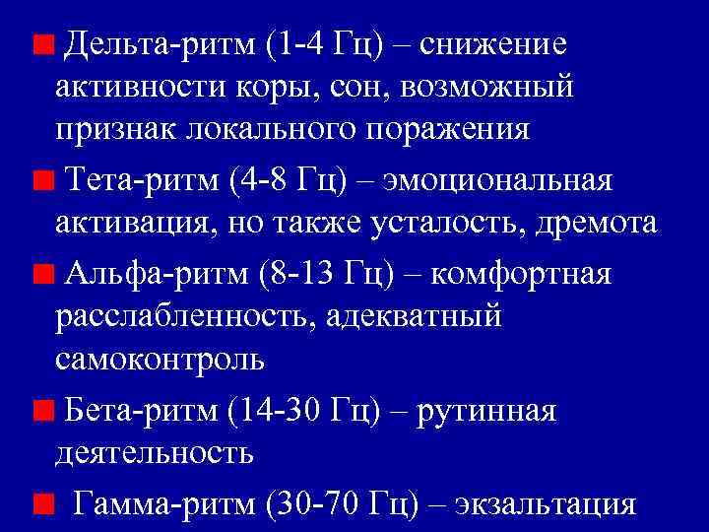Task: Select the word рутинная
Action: tap(487, 410)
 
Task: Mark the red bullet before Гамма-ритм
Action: tap(42, 503)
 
